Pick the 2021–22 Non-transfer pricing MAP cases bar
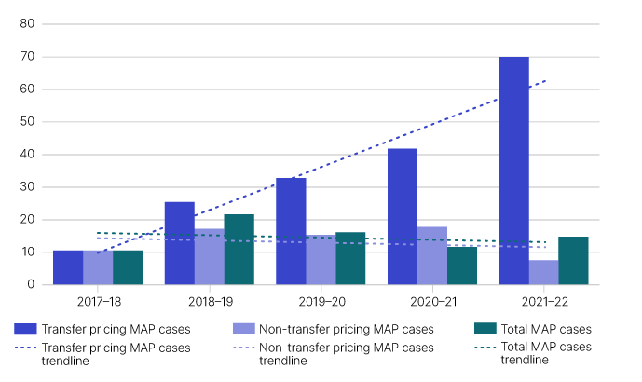coord(543,272)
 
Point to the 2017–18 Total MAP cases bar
coord(128,267)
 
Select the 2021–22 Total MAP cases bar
coord(573,260)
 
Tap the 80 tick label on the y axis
coord(27,24)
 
